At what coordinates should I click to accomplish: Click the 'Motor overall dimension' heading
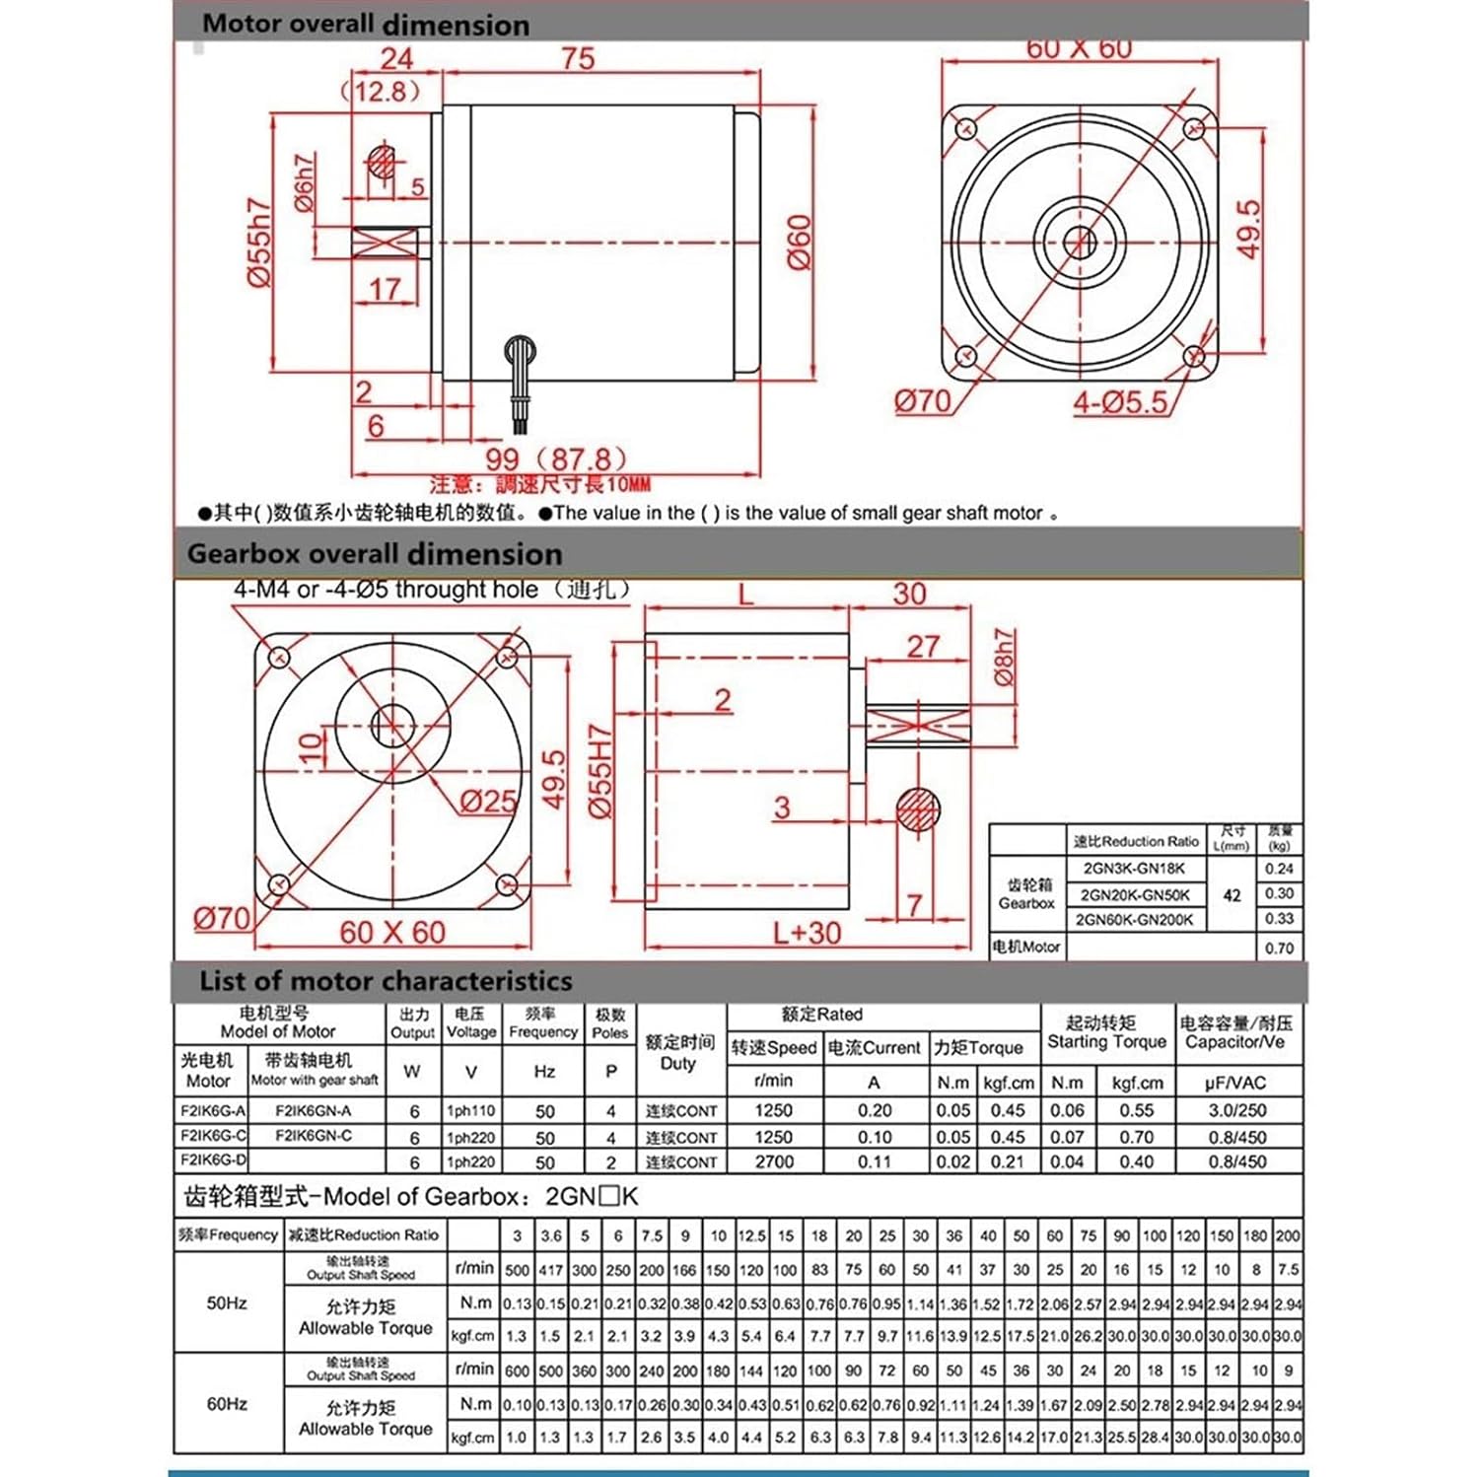click(x=365, y=24)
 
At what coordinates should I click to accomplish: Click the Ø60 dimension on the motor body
click(x=800, y=243)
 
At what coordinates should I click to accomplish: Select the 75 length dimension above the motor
click(x=579, y=59)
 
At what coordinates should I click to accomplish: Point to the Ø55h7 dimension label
click(x=258, y=244)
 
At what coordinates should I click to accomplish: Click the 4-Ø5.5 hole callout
click(x=1120, y=402)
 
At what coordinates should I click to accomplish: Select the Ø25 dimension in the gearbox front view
click(x=488, y=801)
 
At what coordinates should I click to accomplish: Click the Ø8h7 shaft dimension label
click(x=1003, y=658)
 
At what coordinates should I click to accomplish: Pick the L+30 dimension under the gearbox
click(x=807, y=933)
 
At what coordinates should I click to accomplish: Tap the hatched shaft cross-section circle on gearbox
click(x=918, y=810)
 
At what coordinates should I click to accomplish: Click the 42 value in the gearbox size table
click(x=1232, y=895)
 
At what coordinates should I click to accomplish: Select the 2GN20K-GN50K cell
click(x=1135, y=895)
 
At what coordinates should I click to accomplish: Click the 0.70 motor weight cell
click(x=1279, y=949)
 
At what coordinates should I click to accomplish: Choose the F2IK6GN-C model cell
click(x=314, y=1136)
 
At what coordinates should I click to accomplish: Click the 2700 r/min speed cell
click(x=774, y=1161)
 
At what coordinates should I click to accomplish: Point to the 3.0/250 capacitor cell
click(x=1237, y=1110)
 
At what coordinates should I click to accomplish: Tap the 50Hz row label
click(x=227, y=1302)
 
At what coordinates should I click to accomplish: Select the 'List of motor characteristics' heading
click(x=386, y=981)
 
